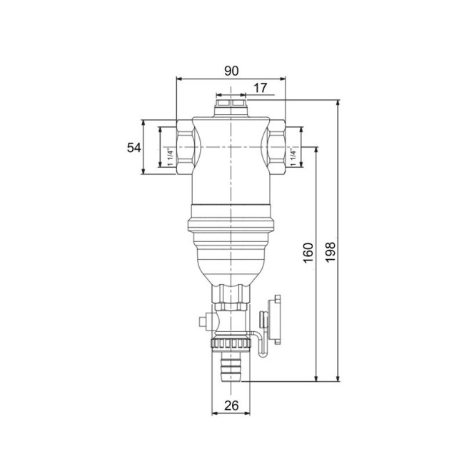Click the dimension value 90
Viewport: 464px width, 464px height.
point(231,71)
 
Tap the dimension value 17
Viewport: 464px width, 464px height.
point(261,88)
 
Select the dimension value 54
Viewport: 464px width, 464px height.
point(134,147)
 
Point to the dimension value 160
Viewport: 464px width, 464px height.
point(308,253)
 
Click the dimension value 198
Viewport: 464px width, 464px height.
point(330,251)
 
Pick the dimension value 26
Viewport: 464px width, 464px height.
point(231,405)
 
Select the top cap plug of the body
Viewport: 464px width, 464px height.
point(231,107)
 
